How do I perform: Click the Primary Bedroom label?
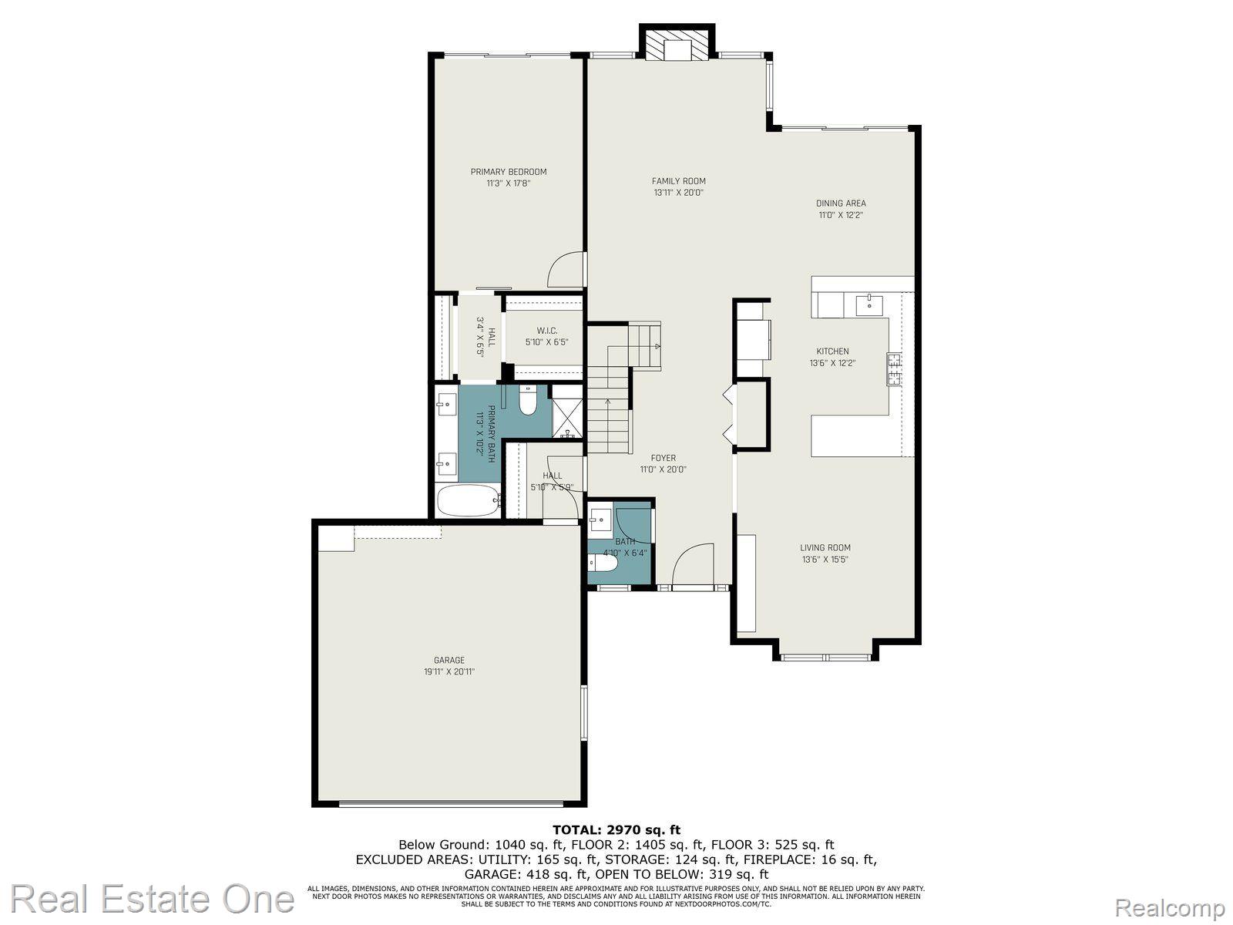click(x=509, y=172)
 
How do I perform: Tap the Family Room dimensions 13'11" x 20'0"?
click(x=678, y=193)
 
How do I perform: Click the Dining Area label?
click(x=841, y=203)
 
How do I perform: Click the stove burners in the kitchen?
click(x=895, y=368)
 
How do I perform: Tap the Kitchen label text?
click(x=832, y=351)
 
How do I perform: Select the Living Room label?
click(x=825, y=548)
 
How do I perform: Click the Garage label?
click(x=449, y=661)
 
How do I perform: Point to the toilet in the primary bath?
click(x=528, y=400)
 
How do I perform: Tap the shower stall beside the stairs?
click(x=568, y=417)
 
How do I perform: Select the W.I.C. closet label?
click(x=547, y=331)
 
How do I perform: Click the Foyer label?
click(x=663, y=458)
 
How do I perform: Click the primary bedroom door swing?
click(x=565, y=269)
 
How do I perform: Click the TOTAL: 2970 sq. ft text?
click(x=616, y=830)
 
